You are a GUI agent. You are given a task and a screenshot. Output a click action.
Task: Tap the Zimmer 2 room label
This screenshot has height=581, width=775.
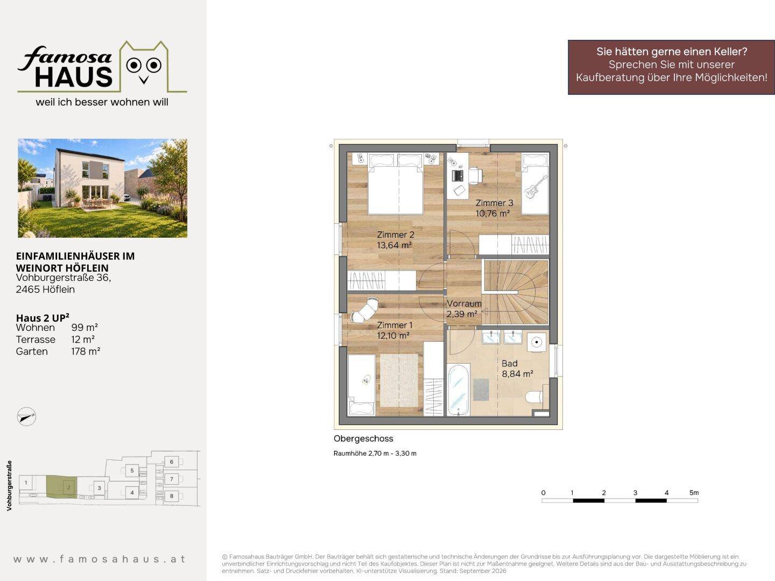click(x=396, y=235)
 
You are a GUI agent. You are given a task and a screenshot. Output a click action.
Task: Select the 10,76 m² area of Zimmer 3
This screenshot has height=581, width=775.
click(x=492, y=214)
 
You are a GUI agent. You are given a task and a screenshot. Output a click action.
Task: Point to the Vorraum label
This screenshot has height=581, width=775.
click(x=464, y=303)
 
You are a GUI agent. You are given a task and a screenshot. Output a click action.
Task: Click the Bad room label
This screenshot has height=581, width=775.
click(x=510, y=363)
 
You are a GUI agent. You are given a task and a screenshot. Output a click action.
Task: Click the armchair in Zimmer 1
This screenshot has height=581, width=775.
click(x=364, y=310)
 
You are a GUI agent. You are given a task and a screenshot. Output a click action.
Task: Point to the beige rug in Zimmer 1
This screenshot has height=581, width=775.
click(x=399, y=380)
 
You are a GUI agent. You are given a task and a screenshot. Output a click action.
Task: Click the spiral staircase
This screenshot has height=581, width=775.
click(x=516, y=292)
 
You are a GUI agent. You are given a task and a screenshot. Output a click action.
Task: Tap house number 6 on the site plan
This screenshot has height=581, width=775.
click(x=172, y=462)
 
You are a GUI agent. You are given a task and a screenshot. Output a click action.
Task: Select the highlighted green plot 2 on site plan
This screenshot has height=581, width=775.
click(x=61, y=486)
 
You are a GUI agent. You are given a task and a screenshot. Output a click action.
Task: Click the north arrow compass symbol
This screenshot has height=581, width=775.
click(x=26, y=416)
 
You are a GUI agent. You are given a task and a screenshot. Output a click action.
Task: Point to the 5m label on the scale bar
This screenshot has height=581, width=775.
click(x=694, y=492)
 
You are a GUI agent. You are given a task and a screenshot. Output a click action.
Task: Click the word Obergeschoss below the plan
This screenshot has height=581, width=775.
click(x=363, y=438)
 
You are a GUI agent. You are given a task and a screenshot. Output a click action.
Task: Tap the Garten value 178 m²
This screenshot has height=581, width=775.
click(x=86, y=351)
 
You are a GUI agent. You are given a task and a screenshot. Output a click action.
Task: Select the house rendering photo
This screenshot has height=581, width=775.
click(x=102, y=188)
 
